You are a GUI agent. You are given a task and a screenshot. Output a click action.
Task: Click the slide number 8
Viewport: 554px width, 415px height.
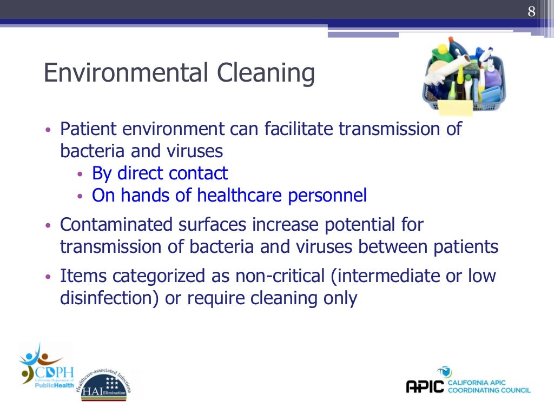532,12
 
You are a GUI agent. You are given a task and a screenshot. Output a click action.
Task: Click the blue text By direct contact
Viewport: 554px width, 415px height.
160,173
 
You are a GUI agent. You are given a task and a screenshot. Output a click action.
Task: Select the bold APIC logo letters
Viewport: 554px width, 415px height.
425,386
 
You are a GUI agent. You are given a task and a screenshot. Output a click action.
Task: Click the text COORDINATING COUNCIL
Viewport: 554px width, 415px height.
489,390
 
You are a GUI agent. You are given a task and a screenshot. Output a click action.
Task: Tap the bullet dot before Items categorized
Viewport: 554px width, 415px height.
48,277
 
